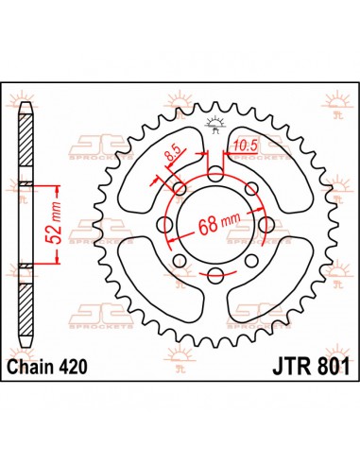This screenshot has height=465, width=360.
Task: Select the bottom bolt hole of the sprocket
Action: pos(216,274)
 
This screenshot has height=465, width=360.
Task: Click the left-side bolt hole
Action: pos(167,225)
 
